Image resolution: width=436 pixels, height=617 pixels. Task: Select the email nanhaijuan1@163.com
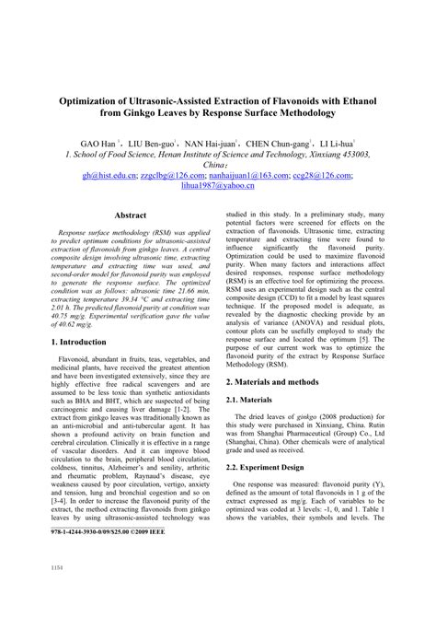coord(247,173)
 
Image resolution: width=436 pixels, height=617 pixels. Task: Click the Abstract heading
coord(131,215)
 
